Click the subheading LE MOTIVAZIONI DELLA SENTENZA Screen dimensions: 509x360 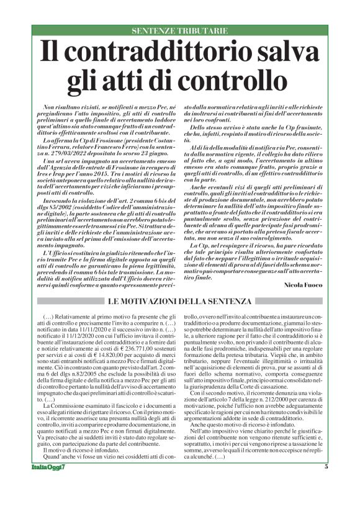click(179, 301)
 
